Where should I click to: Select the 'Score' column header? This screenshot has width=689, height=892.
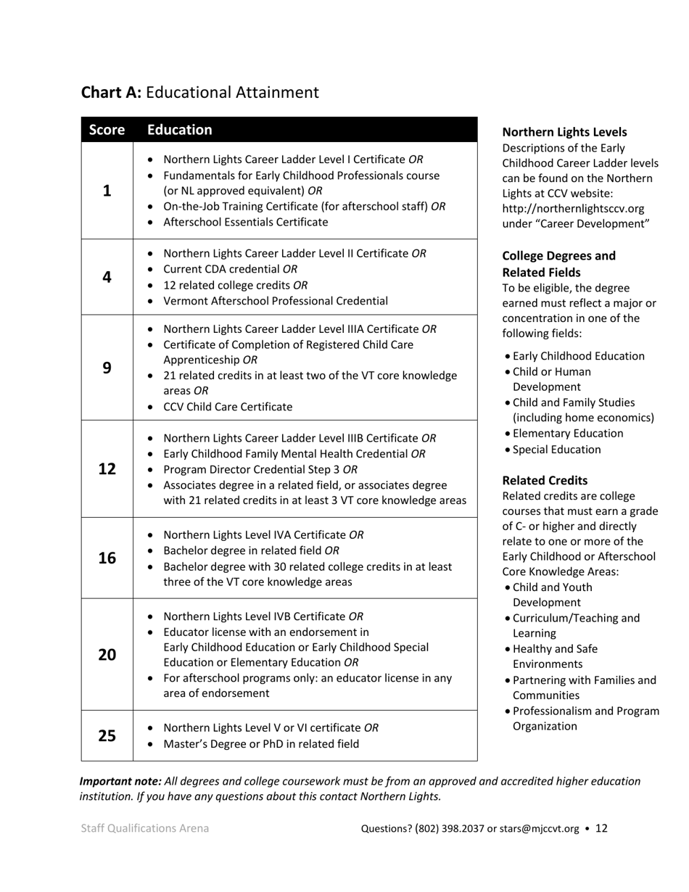pyautogui.click(x=107, y=131)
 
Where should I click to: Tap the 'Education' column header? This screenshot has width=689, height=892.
pyautogui.click(x=180, y=130)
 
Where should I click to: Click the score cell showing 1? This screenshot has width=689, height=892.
pyautogui.click(x=107, y=191)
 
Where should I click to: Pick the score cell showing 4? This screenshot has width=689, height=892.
pyautogui.click(x=107, y=277)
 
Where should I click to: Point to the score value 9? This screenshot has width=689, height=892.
pyautogui.click(x=107, y=368)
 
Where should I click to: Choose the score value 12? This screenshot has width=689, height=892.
pyautogui.click(x=107, y=468)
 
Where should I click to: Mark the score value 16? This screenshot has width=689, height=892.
pyautogui.click(x=107, y=558)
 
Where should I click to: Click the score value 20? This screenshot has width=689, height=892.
pyautogui.click(x=107, y=655)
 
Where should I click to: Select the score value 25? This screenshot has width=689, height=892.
pyautogui.click(x=107, y=735)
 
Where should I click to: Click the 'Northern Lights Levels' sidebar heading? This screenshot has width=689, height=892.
pyautogui.click(x=564, y=132)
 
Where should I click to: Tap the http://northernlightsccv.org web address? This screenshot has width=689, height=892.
pyautogui.click(x=573, y=209)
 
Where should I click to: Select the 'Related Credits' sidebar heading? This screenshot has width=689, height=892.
pyautogui.click(x=545, y=480)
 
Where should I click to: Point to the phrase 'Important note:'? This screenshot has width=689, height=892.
pyautogui.click(x=120, y=781)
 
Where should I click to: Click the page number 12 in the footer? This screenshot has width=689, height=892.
pyautogui.click(x=601, y=828)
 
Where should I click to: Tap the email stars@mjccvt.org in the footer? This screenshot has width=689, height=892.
pyautogui.click(x=539, y=829)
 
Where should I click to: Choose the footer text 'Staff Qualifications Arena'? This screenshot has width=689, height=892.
pyautogui.click(x=145, y=828)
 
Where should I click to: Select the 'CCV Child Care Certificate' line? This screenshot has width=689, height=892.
pyautogui.click(x=228, y=407)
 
